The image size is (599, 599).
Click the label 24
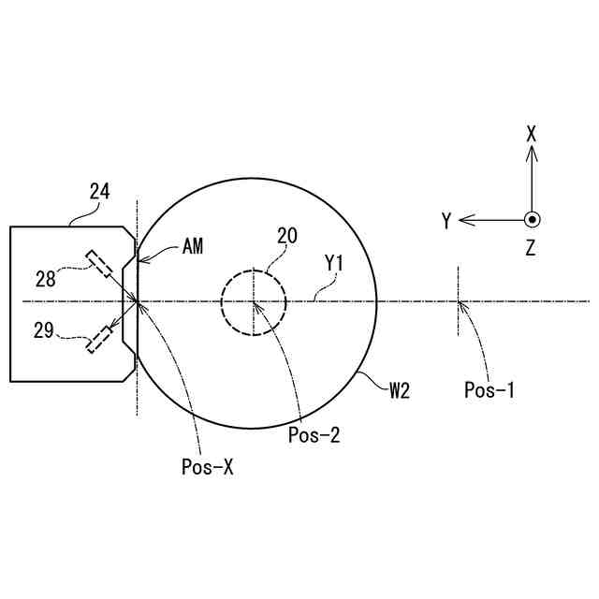coord(99,192)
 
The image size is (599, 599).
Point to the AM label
coord(193,246)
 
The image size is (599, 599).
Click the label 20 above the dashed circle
coord(286,235)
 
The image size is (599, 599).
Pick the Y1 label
coord(334,265)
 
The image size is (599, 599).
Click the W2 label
coord(400,390)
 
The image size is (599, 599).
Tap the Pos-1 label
coord(489,390)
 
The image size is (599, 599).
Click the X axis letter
coord(532,134)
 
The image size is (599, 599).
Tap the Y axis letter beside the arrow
coord(447,221)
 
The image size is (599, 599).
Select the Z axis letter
coord(531,248)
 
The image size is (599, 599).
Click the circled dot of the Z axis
coord(532,220)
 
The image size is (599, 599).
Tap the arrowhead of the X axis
coord(532,152)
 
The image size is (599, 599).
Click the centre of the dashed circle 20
coord(254,301)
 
